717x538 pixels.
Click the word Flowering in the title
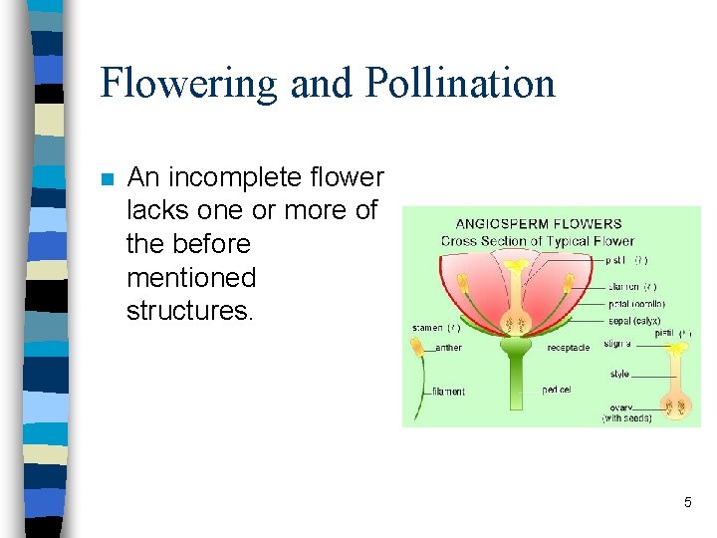[x=188, y=84]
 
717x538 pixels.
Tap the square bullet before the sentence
[x=108, y=179]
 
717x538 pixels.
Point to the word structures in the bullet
[x=190, y=310]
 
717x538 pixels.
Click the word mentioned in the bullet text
[x=191, y=277]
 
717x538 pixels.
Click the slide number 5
[x=687, y=502]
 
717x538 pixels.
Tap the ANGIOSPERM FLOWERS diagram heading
[x=538, y=224]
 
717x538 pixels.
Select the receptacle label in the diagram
[x=568, y=348]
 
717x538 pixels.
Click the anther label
[x=449, y=348]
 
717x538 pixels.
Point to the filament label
[x=448, y=392]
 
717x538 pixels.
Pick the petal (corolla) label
[x=637, y=304]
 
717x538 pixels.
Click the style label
[x=619, y=375]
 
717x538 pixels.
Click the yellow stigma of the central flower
[x=517, y=267]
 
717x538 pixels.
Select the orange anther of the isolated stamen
[x=417, y=347]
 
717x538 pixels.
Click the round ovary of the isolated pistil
[x=678, y=404]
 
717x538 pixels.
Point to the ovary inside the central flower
[x=517, y=324]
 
